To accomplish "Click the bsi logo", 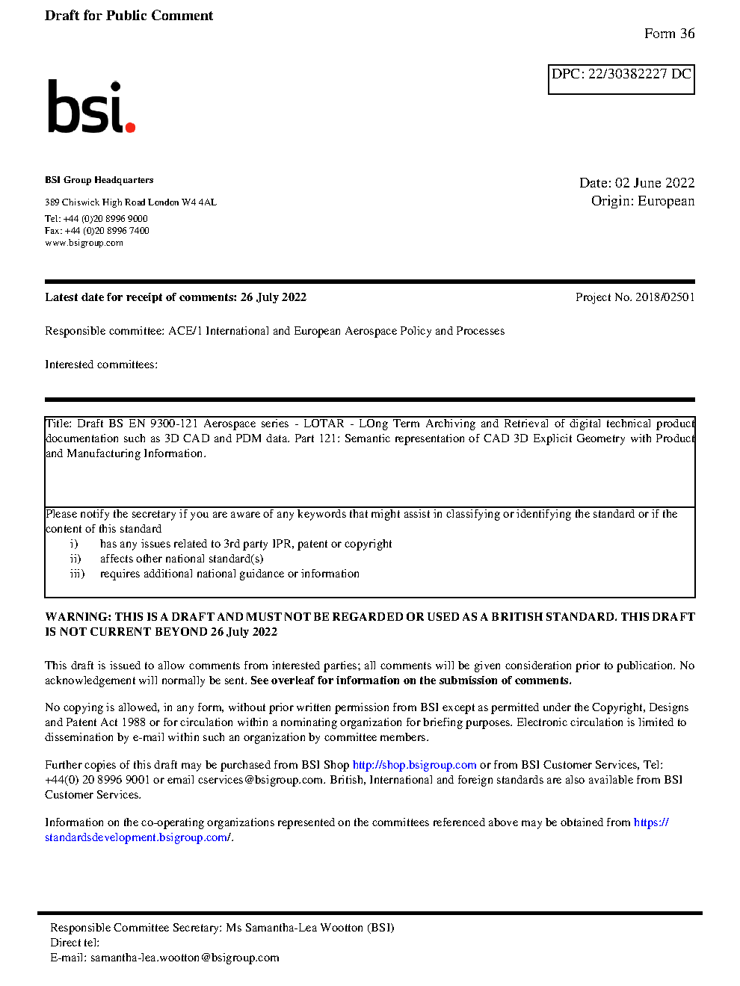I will point(90,108).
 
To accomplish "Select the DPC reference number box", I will point(621,78).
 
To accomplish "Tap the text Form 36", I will point(669,34).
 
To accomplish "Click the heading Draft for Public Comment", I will point(129,16).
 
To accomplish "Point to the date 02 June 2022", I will point(655,183).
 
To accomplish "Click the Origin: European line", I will point(643,201).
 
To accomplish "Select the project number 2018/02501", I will point(665,297).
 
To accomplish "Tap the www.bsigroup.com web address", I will point(84,243).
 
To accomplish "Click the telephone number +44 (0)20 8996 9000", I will point(105,219).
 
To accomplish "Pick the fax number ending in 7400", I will point(107,231).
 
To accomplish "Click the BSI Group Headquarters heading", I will point(99,180).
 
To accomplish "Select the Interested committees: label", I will point(101,365).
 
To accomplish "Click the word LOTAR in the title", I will point(324,424).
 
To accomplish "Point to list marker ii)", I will point(75,559).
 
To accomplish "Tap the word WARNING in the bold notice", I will point(78,617).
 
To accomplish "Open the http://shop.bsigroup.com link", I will point(414,765).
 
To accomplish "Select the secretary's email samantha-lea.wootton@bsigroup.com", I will point(185,958).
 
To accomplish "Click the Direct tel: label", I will point(75,943).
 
